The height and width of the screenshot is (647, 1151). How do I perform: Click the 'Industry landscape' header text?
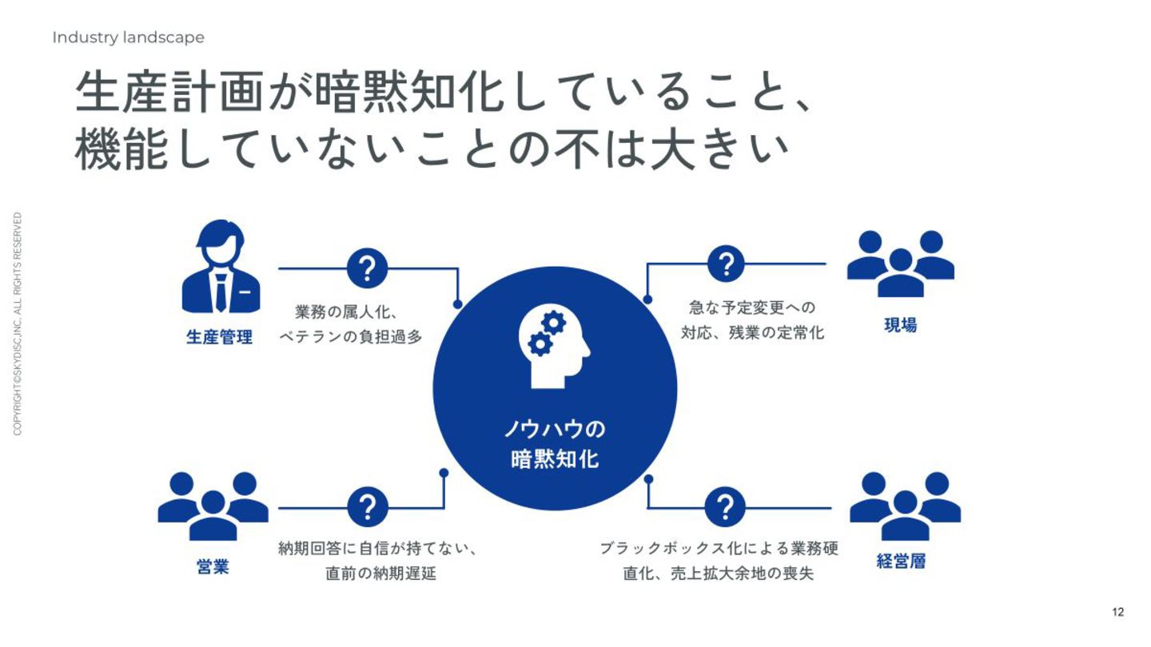(x=128, y=38)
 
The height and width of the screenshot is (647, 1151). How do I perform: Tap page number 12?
(x=1117, y=613)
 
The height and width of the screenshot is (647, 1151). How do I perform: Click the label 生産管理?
(x=219, y=337)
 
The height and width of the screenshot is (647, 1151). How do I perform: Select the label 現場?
(x=900, y=326)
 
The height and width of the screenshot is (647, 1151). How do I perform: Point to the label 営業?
(x=213, y=568)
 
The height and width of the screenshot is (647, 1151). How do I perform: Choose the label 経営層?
(x=901, y=562)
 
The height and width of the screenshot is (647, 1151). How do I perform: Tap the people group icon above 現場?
(x=900, y=263)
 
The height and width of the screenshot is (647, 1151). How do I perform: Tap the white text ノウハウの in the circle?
(x=555, y=430)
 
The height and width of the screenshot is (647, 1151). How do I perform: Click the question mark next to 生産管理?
(x=368, y=268)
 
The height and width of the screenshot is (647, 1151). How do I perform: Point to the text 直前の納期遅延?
(x=380, y=574)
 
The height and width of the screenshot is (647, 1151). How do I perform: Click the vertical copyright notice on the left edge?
(x=18, y=323)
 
